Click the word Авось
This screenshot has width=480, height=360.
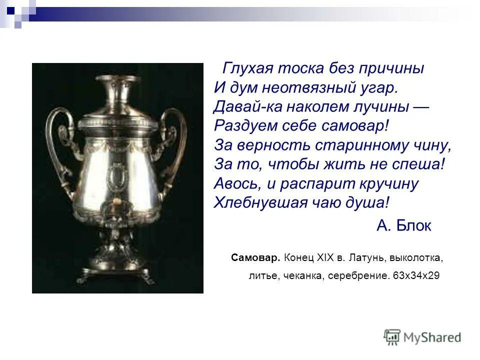tap(236, 183)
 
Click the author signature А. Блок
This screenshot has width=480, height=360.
tap(403, 226)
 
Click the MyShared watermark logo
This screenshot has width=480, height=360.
tap(422, 337)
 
